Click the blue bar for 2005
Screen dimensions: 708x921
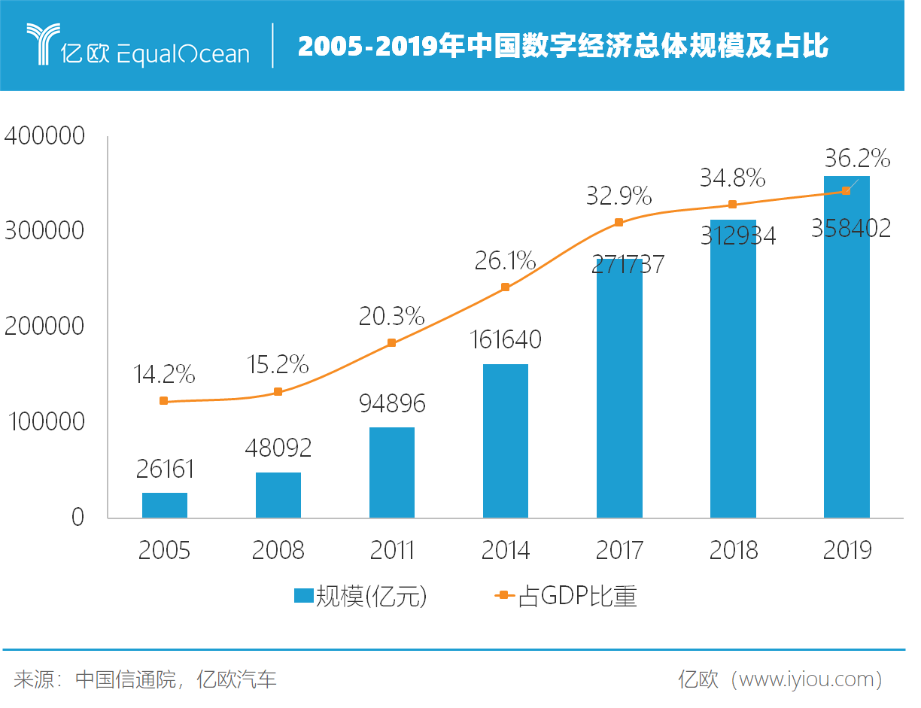click(x=165, y=505)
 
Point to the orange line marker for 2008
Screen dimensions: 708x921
click(x=278, y=392)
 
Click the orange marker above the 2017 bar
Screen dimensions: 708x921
click(x=619, y=223)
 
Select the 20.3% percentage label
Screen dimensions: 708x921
click(x=391, y=316)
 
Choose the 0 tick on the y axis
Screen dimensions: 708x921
click(x=78, y=518)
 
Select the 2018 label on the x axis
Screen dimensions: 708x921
click(x=734, y=550)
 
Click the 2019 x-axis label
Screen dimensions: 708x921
click(x=847, y=550)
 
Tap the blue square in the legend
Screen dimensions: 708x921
click(x=303, y=596)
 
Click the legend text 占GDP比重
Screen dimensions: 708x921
click(x=578, y=597)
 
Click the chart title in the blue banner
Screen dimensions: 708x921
click(x=563, y=47)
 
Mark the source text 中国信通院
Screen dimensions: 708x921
click(x=127, y=680)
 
